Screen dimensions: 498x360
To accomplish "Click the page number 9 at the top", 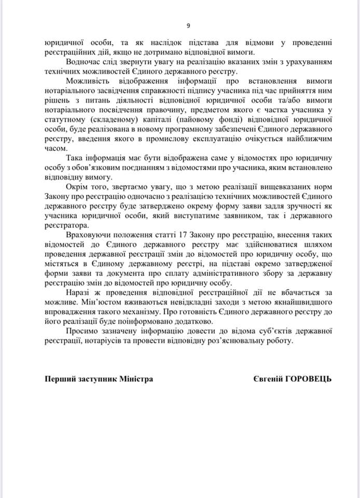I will pos(188,25).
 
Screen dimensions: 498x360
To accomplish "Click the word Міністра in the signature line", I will pos(137,379).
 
